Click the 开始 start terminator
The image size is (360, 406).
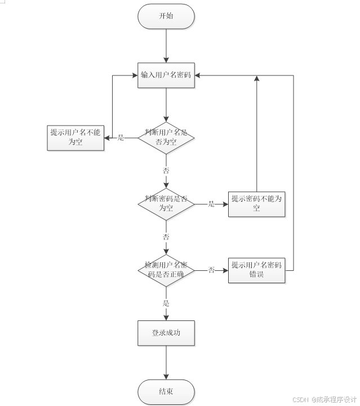pos(166,16)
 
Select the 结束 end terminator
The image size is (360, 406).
pos(166,392)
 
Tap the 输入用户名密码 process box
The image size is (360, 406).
pos(166,75)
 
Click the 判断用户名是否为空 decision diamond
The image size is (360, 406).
pos(166,137)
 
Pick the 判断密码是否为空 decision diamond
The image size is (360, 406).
pos(166,203)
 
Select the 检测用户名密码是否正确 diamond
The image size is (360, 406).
pos(166,270)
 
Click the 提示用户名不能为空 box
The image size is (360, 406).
pos(75,137)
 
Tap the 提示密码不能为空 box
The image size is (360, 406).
pos(257,204)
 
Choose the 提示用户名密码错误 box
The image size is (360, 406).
pos(257,270)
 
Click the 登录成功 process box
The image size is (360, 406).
pos(166,333)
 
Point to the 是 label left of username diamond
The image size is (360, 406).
pos(121,137)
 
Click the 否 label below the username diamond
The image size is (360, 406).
pos(166,170)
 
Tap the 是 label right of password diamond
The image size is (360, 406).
pos(212,204)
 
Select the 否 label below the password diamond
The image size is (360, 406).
pos(166,237)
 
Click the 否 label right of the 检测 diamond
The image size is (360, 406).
pos(212,270)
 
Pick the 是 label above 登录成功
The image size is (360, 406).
pos(166,303)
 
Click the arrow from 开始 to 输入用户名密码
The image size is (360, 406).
pos(166,45)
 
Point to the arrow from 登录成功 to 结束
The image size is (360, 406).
pos(166,363)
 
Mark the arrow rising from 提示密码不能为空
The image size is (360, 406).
pos(257,135)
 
